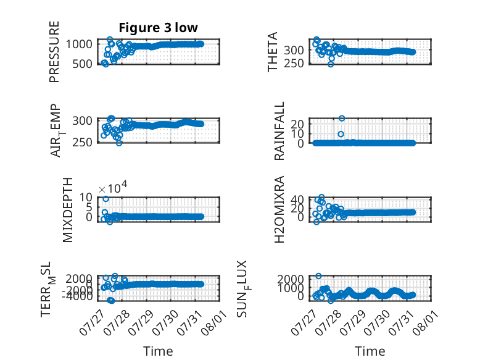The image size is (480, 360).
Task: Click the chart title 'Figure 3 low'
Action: (159, 28)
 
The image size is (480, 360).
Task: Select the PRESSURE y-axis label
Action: (54, 52)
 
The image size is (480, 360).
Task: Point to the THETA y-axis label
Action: (272, 52)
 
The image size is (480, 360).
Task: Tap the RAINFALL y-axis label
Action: (279, 131)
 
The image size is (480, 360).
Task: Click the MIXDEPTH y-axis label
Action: (67, 210)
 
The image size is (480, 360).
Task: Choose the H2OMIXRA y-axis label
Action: (279, 209)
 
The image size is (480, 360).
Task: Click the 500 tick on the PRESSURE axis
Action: (81, 64)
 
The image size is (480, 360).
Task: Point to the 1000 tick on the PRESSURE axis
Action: (79, 44)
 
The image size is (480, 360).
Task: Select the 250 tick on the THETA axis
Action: (294, 64)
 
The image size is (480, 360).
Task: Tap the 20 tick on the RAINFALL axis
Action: (297, 124)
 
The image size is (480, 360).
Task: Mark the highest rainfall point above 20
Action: (342, 119)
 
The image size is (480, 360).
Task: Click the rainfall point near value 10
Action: (341, 134)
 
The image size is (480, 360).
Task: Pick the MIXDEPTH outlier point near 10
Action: (106, 199)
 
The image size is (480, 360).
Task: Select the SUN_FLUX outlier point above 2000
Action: (318, 276)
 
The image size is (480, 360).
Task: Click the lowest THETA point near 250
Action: (331, 64)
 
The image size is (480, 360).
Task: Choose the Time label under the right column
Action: (370, 351)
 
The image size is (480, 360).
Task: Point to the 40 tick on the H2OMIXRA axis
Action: (297, 200)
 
